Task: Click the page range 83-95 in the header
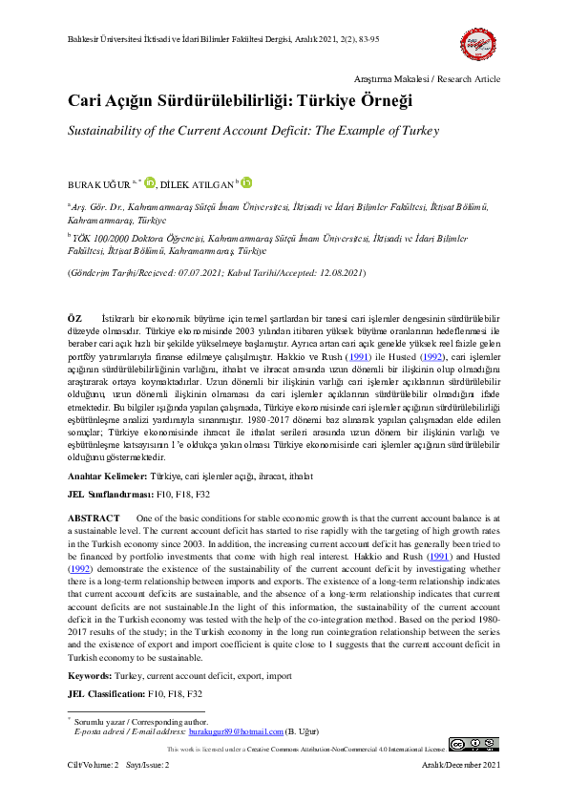pyautogui.click(x=366, y=39)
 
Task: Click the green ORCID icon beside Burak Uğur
pyautogui.click(x=149, y=181)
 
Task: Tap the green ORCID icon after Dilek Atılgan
pyautogui.click(x=247, y=181)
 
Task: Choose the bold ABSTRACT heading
pyautogui.click(x=94, y=517)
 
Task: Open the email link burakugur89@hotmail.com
pyautogui.click(x=236, y=731)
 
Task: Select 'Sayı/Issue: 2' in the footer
pyautogui.click(x=149, y=766)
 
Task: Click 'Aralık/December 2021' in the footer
pyautogui.click(x=462, y=766)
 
